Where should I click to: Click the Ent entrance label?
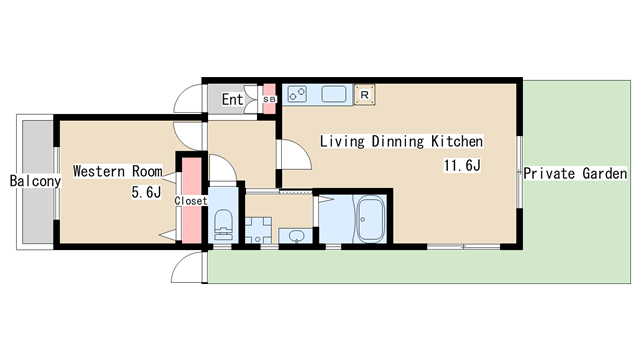[232, 99]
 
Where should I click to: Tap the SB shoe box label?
[269, 99]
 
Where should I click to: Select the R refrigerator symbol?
[364, 95]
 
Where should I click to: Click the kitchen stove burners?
[297, 94]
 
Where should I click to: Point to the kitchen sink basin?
[334, 94]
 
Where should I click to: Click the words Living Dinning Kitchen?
[401, 141]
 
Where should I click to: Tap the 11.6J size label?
[462, 165]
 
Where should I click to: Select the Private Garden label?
[576, 173]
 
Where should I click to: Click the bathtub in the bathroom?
[371, 219]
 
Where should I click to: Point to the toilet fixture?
[223, 225]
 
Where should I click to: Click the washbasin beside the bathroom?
[296, 236]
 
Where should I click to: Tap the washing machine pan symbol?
[258, 230]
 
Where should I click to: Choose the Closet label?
[191, 201]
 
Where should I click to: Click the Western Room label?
[118, 171]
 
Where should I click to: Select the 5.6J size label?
[146, 192]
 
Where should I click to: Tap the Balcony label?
[36, 181]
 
